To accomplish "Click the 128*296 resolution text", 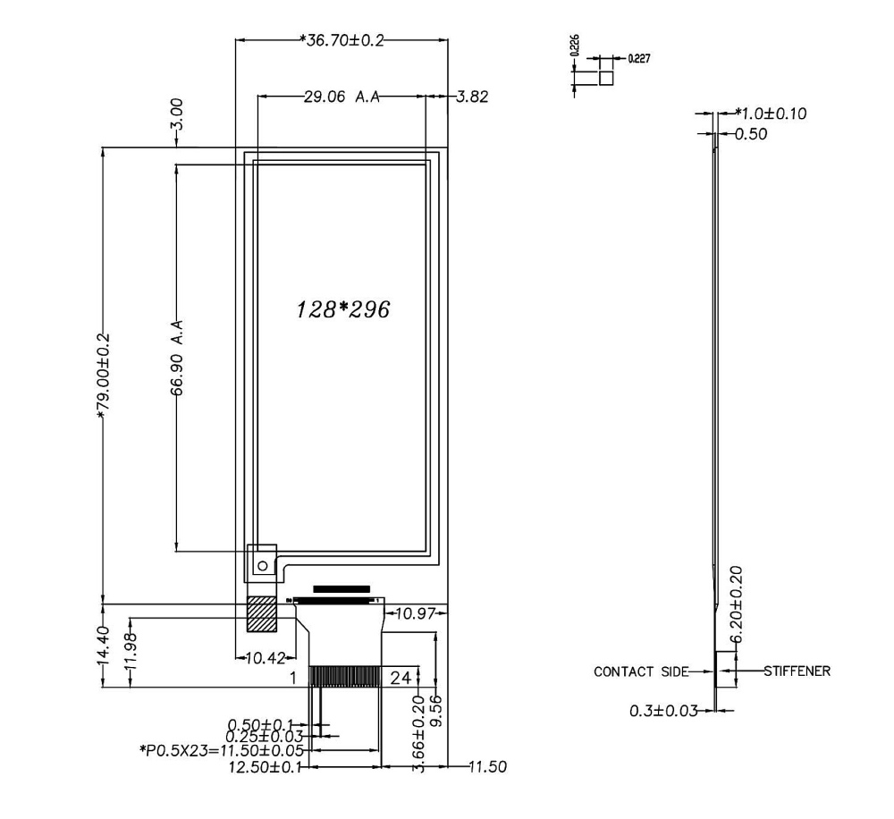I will pos(344,310).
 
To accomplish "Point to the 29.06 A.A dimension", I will pos(341,97).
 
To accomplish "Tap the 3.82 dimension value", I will pos(471,97).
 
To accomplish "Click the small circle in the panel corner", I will pos(262,566).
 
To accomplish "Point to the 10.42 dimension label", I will pos(265,658).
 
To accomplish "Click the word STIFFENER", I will pos(797,670).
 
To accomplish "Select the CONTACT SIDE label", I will pos(641,671).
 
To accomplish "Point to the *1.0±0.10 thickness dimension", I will pos(770,114).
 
